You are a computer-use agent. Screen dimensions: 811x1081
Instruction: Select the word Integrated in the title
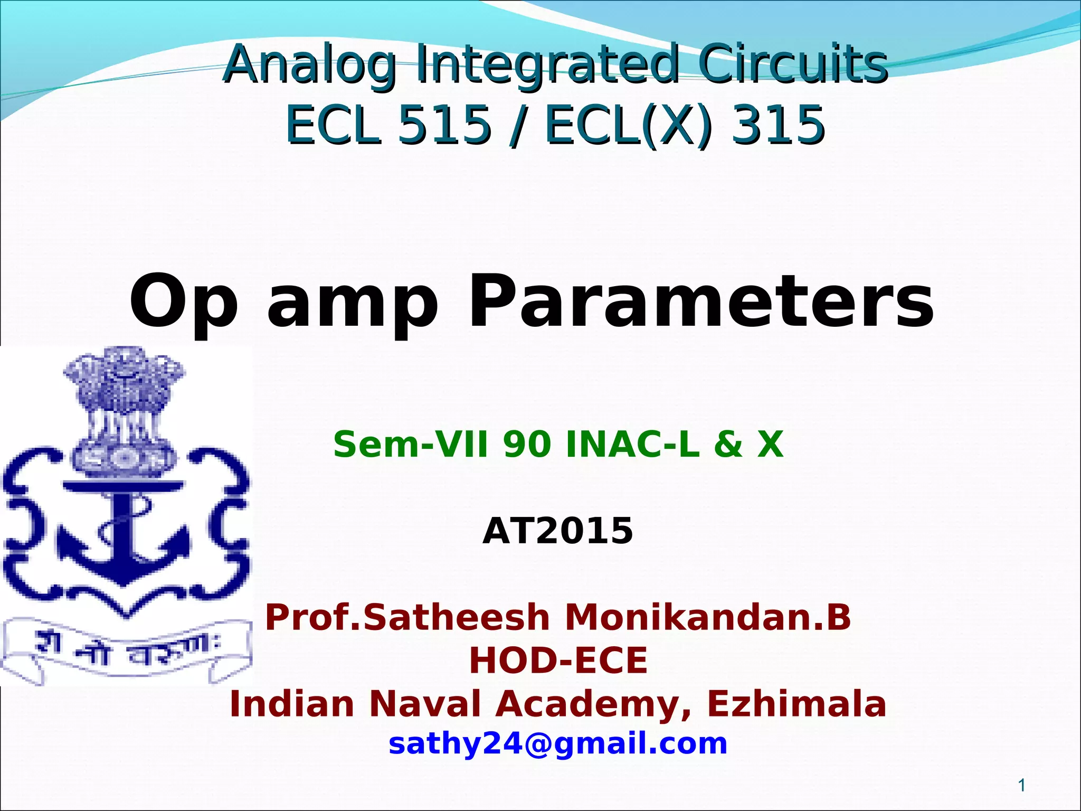click(547, 64)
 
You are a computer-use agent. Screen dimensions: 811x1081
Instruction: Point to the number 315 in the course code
click(777, 125)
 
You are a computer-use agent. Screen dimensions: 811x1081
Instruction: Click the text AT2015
click(557, 531)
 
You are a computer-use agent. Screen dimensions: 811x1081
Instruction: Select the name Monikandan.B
click(708, 617)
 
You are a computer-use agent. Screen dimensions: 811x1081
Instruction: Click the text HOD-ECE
click(558, 661)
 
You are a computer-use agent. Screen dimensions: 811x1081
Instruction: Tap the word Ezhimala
click(796, 704)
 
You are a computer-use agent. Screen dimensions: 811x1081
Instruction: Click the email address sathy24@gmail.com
click(558, 743)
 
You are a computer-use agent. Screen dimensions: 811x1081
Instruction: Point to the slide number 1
click(1022, 786)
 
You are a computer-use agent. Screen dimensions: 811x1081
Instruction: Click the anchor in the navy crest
click(124, 533)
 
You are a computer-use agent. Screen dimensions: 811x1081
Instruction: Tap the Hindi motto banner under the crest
click(127, 653)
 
